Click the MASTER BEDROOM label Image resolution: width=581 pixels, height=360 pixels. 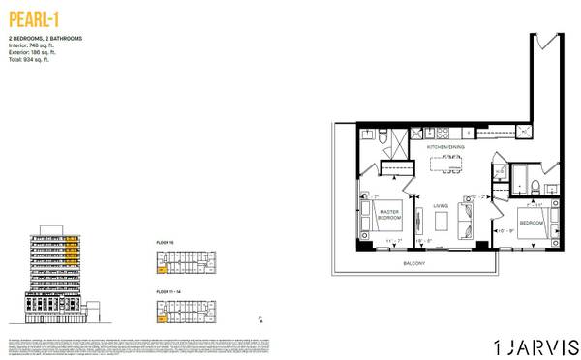(x=389, y=215)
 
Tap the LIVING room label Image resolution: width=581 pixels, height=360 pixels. (x=441, y=206)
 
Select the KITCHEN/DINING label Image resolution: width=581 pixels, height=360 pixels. (x=446, y=146)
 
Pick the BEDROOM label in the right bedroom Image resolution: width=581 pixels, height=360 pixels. (x=532, y=223)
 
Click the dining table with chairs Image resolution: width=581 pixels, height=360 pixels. (x=447, y=163)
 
